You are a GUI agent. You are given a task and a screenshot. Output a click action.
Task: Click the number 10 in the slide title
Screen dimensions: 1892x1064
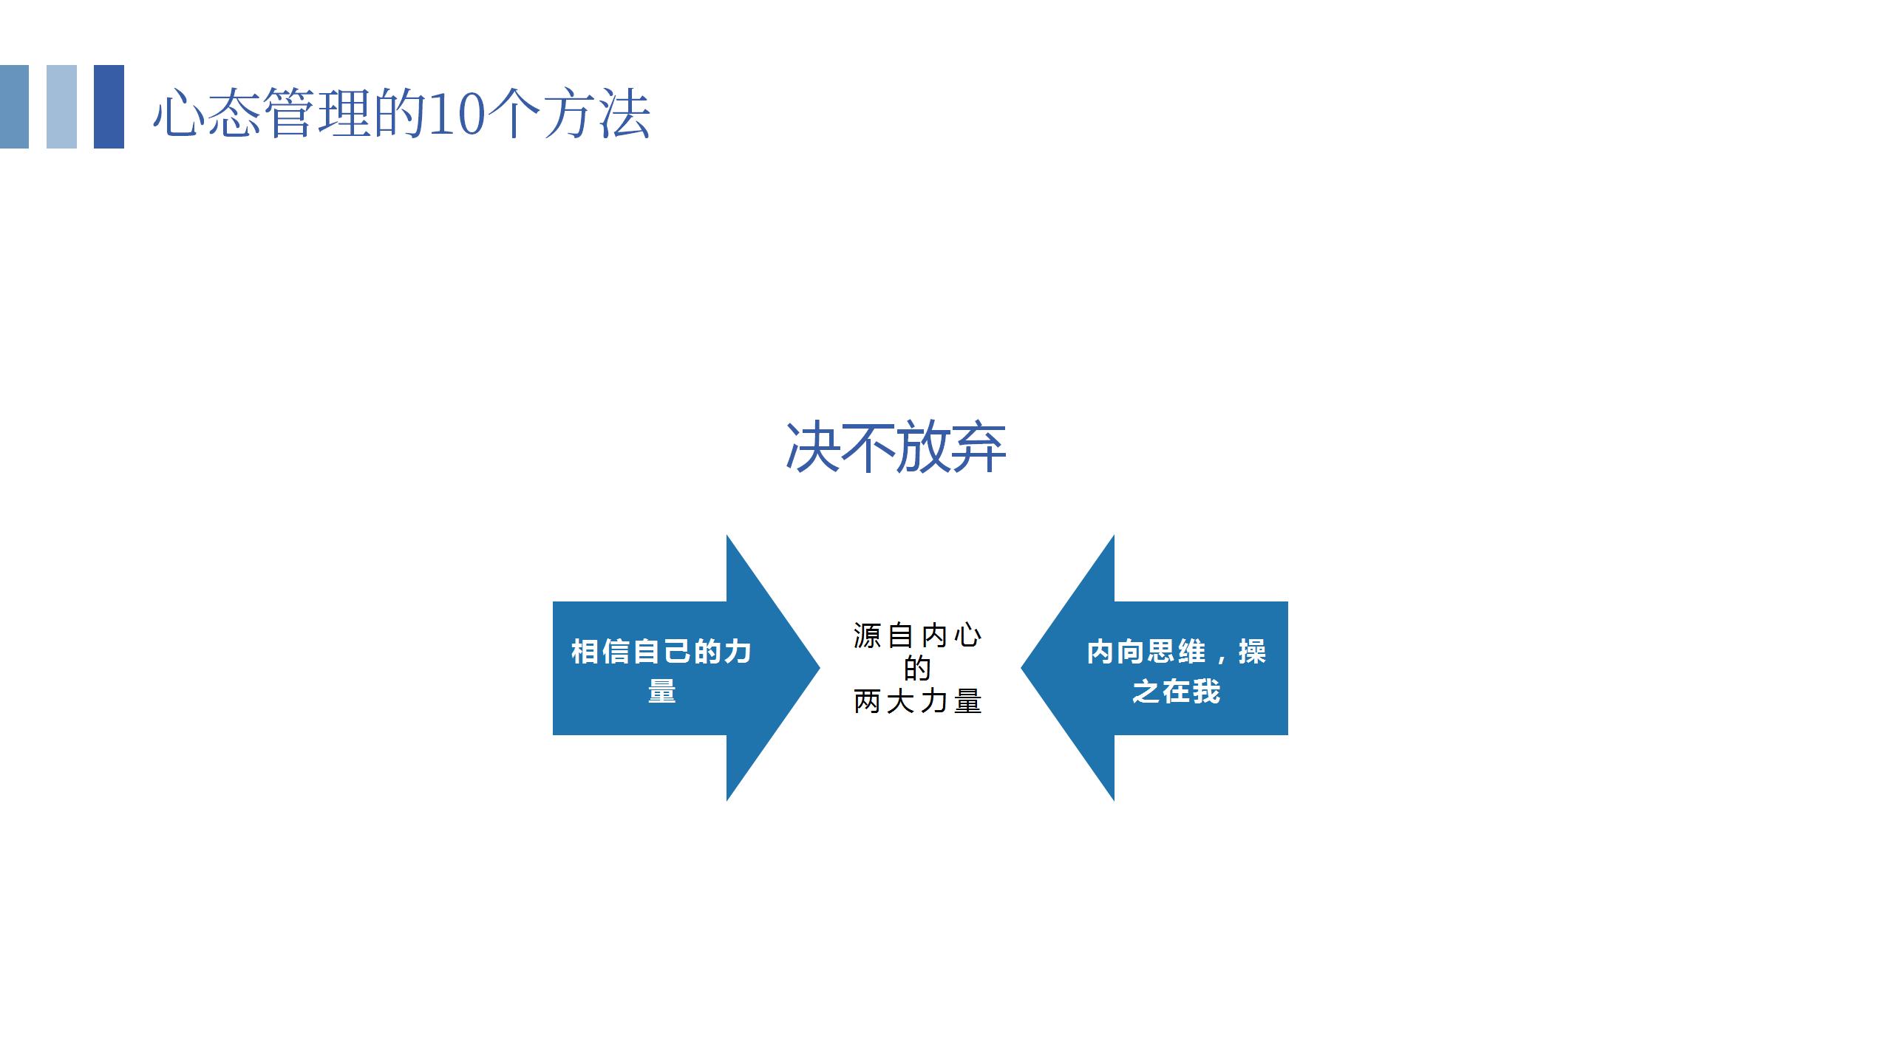pos(456,114)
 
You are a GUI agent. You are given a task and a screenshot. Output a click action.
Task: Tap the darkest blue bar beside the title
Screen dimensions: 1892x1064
pos(109,106)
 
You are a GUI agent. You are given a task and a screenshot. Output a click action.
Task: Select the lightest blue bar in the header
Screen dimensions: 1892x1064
pos(61,106)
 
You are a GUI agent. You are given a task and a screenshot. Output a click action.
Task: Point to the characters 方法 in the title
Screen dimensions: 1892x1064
pos(597,114)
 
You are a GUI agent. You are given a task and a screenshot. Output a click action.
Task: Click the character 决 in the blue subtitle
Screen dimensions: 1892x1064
pos(812,447)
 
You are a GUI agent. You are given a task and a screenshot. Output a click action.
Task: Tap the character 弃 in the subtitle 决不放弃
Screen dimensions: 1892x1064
pos(979,447)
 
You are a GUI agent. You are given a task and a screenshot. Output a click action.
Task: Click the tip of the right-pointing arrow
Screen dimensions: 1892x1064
pos(820,668)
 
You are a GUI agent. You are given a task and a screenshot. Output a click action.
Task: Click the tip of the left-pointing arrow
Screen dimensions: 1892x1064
pos(1021,668)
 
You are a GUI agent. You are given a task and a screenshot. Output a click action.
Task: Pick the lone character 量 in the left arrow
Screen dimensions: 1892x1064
pos(662,692)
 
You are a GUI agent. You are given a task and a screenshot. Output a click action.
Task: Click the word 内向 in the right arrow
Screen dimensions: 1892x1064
pos(1116,652)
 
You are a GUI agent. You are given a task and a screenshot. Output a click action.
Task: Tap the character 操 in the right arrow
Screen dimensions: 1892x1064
pos(1253,652)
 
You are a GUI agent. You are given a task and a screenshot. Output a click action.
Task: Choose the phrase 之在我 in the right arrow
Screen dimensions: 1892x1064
pos(1177,692)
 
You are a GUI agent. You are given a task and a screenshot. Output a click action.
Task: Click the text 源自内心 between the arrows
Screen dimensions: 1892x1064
pos(917,635)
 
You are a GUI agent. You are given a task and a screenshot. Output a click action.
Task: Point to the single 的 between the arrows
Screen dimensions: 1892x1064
pos(917,668)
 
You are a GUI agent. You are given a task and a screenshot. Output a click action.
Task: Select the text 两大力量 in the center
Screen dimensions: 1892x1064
pos(917,700)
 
